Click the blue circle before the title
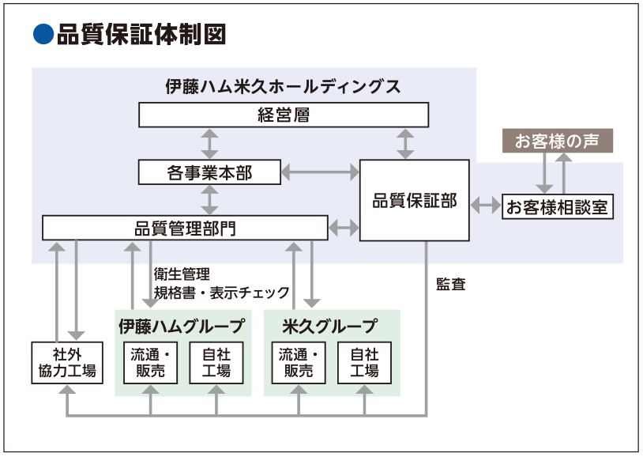pos(43,34)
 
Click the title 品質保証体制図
pos(141,34)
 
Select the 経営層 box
pos(284,115)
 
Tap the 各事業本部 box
pos(209,172)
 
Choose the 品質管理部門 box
pos(185,228)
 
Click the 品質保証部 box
pos(415,200)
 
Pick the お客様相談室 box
pos(558,207)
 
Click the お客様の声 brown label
pos(557,142)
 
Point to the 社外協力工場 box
pos(67,362)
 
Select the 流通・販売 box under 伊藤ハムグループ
pos(150,363)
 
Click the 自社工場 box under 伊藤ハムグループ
pos(216,363)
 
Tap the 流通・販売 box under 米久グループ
pos(299,363)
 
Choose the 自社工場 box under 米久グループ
pos(364,363)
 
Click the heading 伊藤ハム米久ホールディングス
pos(283,86)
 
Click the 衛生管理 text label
pos(182,274)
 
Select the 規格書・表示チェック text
pos(222,293)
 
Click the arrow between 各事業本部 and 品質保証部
pos(320,171)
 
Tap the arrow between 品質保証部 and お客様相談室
pos(486,206)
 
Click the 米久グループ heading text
pos(330,325)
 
